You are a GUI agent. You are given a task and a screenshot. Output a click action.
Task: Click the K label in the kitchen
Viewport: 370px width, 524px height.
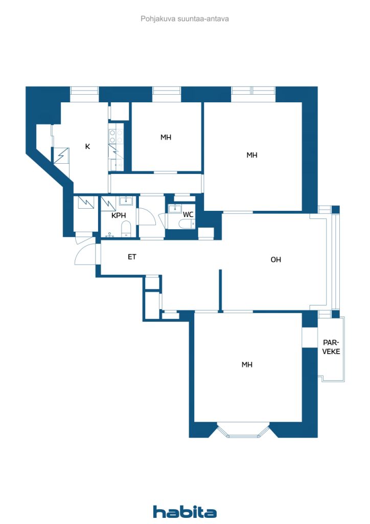pyautogui.click(x=87, y=146)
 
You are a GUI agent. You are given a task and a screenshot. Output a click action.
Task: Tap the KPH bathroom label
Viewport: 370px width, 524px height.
pyautogui.click(x=119, y=215)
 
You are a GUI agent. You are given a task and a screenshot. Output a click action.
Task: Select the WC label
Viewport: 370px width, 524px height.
pyautogui.click(x=188, y=214)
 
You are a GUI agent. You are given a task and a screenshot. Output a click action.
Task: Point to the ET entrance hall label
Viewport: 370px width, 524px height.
pyautogui.click(x=132, y=257)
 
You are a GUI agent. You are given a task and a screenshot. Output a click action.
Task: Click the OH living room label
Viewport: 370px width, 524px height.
pyautogui.click(x=276, y=259)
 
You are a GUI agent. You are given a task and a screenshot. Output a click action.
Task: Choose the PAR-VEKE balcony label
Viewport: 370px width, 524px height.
pyautogui.click(x=331, y=347)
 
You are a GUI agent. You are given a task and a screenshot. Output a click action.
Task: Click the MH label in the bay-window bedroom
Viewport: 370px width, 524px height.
pyautogui.click(x=247, y=364)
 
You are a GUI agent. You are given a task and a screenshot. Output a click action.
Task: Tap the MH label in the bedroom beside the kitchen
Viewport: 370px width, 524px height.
pyautogui.click(x=166, y=137)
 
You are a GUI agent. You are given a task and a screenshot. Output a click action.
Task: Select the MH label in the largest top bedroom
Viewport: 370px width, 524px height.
pyautogui.click(x=252, y=155)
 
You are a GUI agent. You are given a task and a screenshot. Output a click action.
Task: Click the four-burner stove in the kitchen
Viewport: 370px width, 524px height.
pyautogui.click(x=116, y=136)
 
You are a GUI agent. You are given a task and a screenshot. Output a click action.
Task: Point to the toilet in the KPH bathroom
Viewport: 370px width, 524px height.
pyautogui.click(x=126, y=230)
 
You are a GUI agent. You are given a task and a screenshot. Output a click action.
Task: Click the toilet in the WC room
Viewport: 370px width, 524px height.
pyautogui.click(x=186, y=224)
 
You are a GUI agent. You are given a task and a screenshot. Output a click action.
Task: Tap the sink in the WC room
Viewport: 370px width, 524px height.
pyautogui.click(x=174, y=209)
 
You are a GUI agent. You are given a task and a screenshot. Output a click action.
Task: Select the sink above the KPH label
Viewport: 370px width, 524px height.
pyautogui.click(x=126, y=201)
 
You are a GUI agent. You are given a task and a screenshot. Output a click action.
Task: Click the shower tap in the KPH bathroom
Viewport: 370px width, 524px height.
pyautogui.click(x=109, y=235)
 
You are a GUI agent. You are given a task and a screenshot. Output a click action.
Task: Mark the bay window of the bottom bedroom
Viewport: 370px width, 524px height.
pyautogui.click(x=243, y=431)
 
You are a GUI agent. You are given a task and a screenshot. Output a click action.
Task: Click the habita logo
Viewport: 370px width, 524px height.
pyautogui.click(x=184, y=512)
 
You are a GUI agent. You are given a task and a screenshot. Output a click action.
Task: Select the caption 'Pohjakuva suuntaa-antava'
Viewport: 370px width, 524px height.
pyautogui.click(x=184, y=19)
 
